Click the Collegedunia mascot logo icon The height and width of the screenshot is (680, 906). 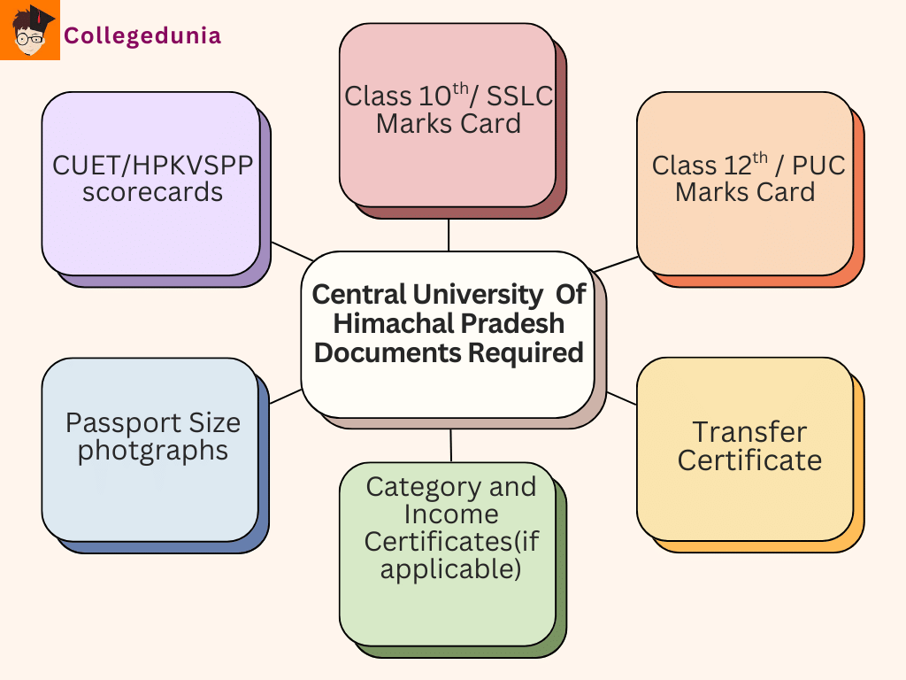[30, 30]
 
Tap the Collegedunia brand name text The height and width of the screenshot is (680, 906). [142, 36]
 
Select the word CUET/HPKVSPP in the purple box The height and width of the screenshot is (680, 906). [152, 166]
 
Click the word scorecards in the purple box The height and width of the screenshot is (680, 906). [152, 192]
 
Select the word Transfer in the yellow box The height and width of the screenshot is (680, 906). [749, 432]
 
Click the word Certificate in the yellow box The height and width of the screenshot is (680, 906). [749, 460]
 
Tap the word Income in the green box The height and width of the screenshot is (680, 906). [451, 514]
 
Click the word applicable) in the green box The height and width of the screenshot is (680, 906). [450, 568]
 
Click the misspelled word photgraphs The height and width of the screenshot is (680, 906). [152, 450]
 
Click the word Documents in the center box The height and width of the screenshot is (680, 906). [388, 352]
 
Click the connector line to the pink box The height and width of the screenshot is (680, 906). [449, 235]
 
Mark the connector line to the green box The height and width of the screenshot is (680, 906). [451, 445]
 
